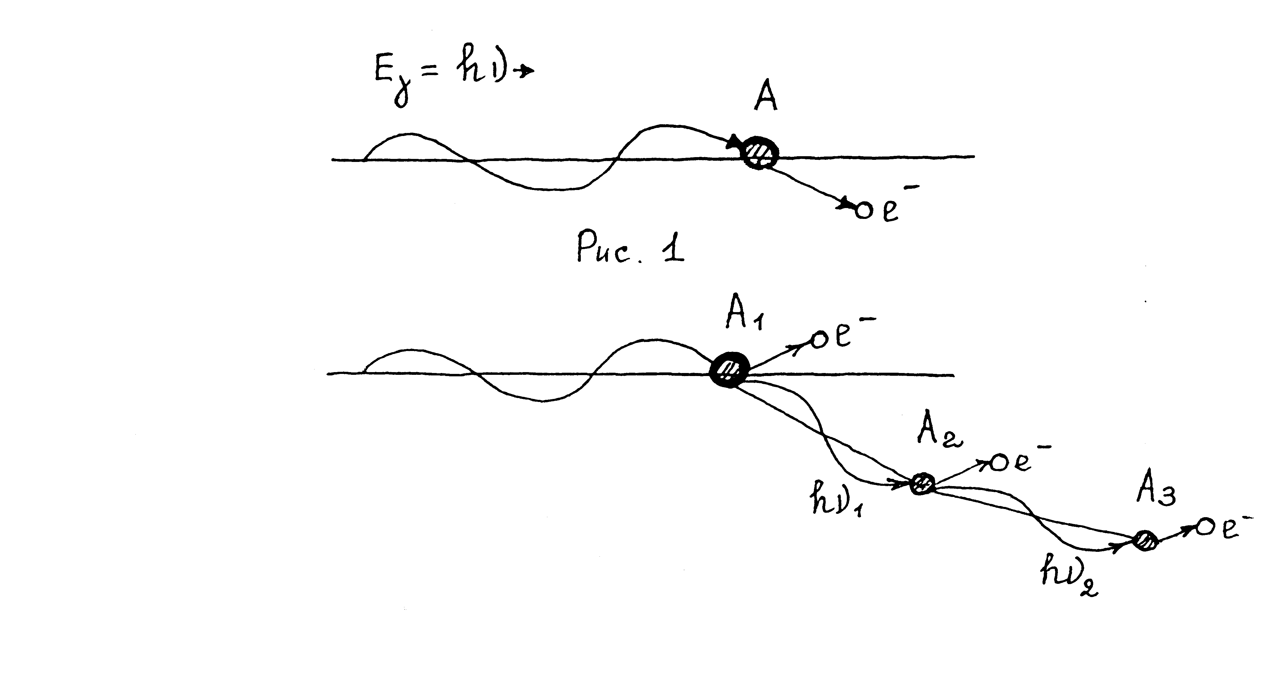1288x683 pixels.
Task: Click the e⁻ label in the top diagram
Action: click(893, 205)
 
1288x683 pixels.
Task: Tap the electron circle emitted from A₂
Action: click(999, 463)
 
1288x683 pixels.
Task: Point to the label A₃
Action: click(1155, 492)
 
